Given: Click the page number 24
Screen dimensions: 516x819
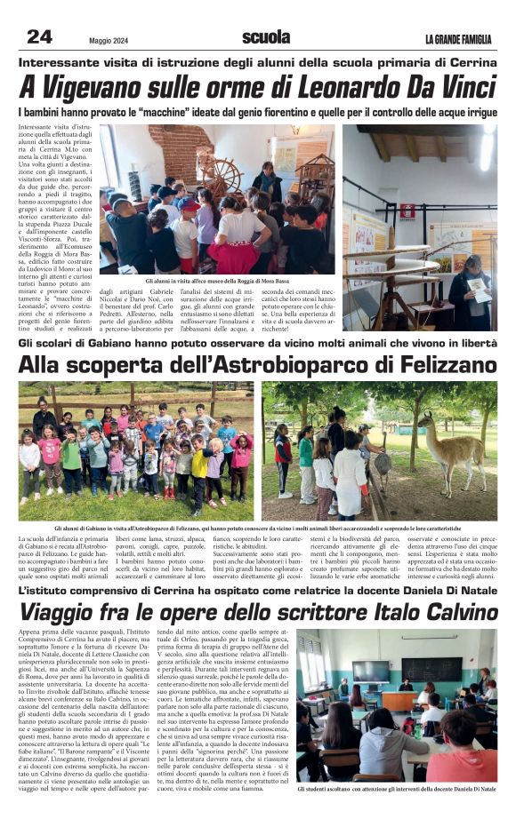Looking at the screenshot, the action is click(39, 36).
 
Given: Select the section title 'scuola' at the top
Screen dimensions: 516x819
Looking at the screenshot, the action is click(266, 36).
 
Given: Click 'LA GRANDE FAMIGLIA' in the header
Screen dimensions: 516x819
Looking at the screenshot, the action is click(457, 38).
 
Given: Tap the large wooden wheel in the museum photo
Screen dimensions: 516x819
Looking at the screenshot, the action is click(220, 176).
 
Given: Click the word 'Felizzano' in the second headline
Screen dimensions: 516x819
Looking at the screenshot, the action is click(445, 365).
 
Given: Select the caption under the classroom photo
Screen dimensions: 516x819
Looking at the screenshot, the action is click(397, 788).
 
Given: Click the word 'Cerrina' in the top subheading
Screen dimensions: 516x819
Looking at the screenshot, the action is click(471, 64).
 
